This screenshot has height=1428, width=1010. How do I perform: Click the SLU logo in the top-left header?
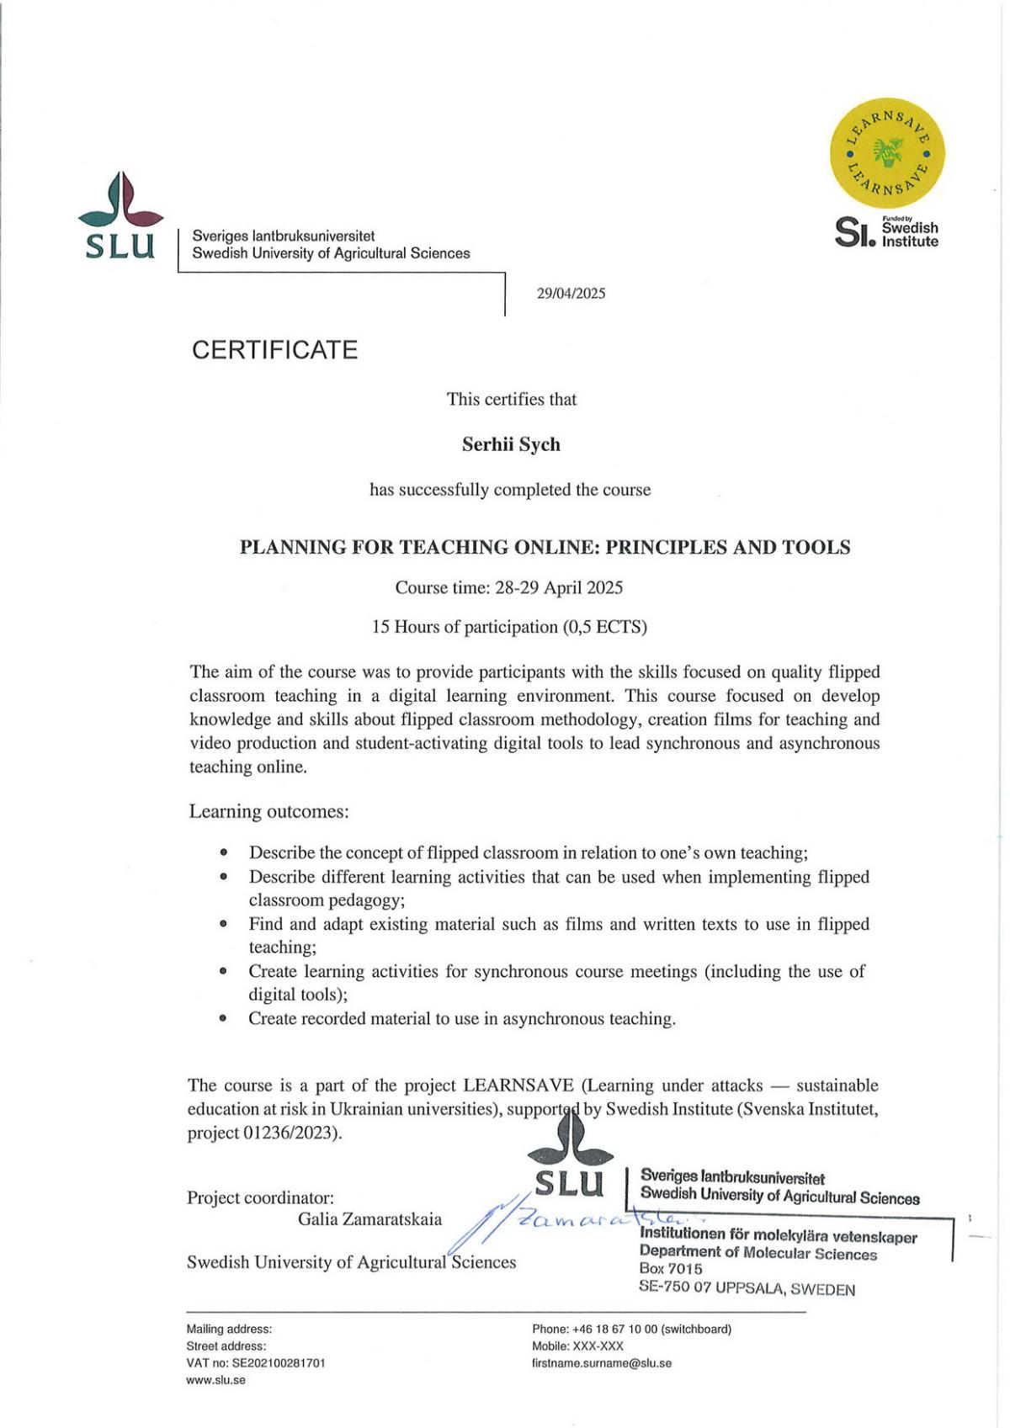120,216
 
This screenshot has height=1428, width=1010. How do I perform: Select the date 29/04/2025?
571,294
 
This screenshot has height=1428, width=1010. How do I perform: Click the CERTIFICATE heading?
274,350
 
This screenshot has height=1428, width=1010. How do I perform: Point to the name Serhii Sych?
511,444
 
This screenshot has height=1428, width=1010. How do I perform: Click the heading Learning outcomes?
268,811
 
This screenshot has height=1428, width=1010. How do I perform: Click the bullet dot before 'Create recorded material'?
223,1018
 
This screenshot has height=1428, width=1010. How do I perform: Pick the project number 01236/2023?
290,1133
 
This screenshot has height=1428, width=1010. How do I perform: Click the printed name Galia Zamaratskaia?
369,1218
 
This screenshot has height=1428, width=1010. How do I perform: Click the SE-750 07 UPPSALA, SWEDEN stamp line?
747,1288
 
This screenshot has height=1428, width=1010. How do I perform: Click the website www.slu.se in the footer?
215,1380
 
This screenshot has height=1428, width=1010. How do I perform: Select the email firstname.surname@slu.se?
602,1362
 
